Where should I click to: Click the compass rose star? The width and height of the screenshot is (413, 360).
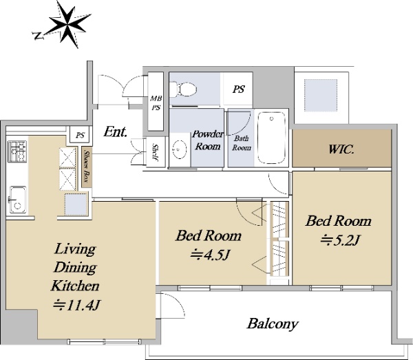(x=69, y=24)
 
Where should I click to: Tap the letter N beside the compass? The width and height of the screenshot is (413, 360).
(x=39, y=36)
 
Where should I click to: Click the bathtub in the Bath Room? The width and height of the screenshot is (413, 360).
(x=272, y=138)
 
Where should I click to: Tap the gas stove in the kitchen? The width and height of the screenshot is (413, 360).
(x=17, y=151)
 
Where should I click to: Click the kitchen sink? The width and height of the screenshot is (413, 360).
(x=18, y=200)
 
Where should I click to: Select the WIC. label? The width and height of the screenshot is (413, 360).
(x=341, y=149)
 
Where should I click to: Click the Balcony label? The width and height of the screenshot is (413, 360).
(x=273, y=324)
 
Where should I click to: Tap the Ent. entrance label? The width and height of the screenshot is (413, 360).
(x=115, y=131)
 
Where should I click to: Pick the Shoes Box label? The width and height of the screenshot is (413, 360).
(x=86, y=167)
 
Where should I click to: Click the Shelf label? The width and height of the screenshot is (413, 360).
(x=155, y=152)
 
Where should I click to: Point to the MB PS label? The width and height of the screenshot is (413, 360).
(x=156, y=103)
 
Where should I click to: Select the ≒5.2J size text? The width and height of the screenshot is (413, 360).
(x=340, y=240)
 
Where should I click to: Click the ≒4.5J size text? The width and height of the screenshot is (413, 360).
(x=211, y=255)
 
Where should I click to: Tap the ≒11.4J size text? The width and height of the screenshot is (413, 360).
(x=76, y=305)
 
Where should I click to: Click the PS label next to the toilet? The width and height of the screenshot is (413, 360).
(x=239, y=89)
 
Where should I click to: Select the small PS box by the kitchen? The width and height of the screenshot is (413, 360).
(x=81, y=135)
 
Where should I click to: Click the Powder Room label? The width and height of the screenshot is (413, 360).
(x=208, y=140)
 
